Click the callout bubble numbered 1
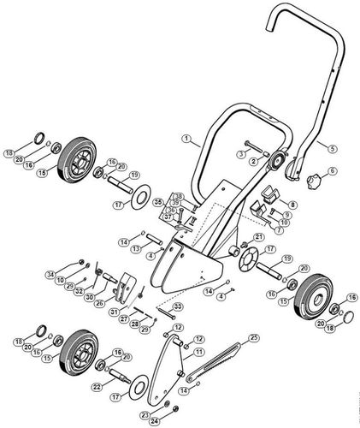coord(185,138)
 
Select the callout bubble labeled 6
coord(333,170)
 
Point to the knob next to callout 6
coord(315,181)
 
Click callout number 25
coord(254,338)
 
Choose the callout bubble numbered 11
coord(198,352)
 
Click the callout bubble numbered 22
coord(97,387)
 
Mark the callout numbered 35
coord(158,202)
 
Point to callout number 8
coord(292,205)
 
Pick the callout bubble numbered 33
coord(178,306)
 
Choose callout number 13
coord(136,247)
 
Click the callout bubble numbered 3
coord(243,152)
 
